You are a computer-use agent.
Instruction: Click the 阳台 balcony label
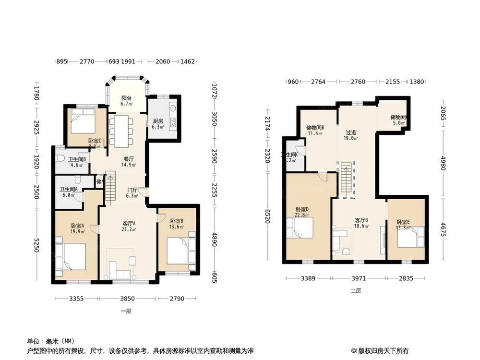pos(126,100)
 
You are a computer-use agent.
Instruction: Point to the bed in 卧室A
pos(71,254)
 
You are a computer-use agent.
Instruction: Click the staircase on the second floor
pos(347,180)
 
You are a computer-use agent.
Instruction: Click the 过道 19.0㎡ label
pos(352,135)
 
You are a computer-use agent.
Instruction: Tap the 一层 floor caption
pos(126,311)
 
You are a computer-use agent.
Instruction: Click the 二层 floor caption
pos(355,290)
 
